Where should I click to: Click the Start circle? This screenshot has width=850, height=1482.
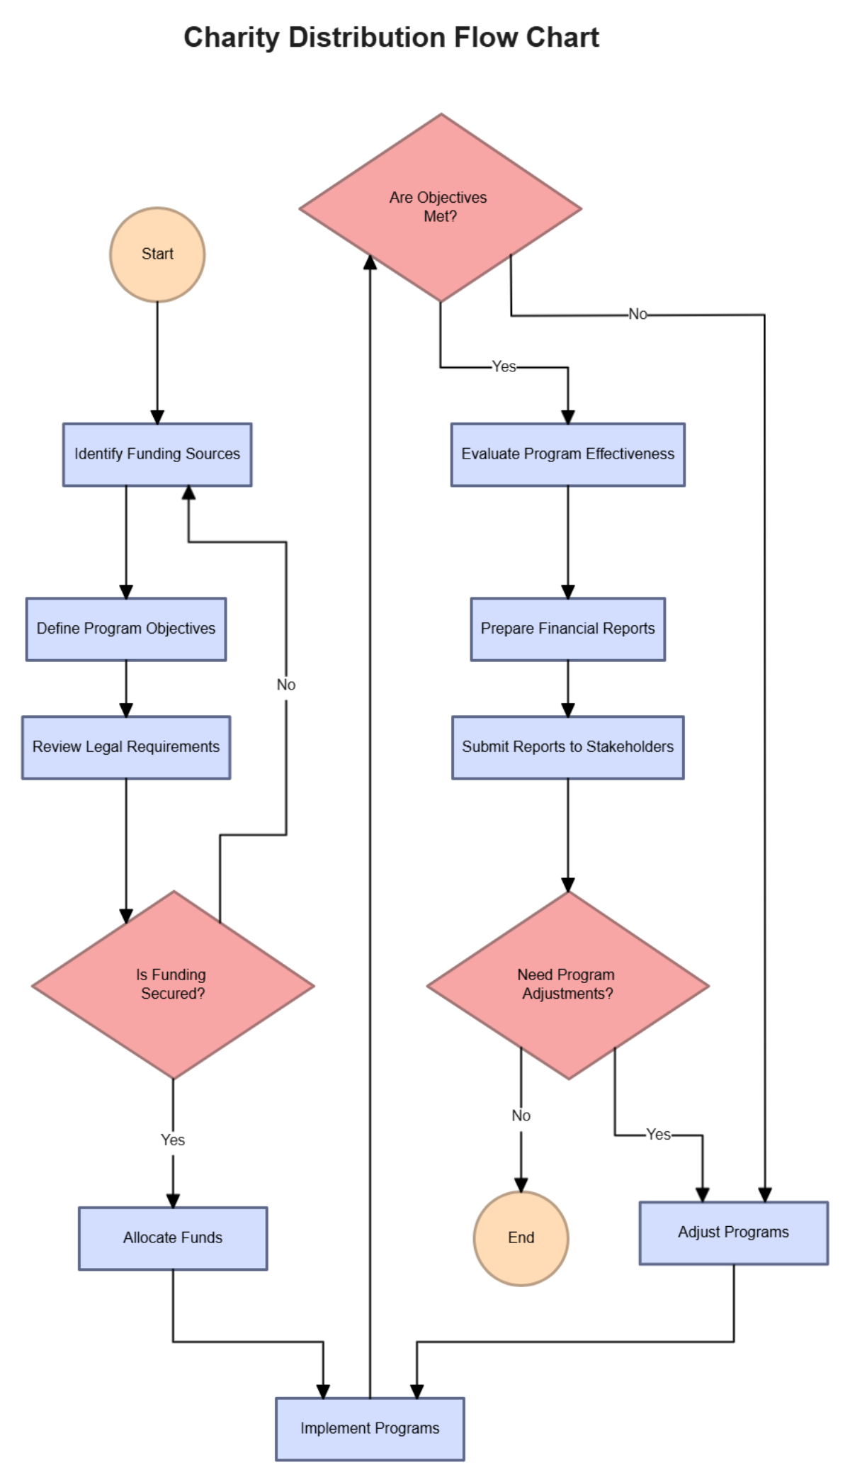(157, 254)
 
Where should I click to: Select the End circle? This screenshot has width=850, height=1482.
(521, 1238)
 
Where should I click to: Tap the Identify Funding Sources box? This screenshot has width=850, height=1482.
(157, 454)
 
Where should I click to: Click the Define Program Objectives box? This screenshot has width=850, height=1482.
(126, 629)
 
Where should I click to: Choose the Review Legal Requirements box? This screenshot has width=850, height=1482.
(126, 747)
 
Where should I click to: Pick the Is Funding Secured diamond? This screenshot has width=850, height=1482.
(173, 984)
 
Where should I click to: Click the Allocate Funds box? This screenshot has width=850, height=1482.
(173, 1238)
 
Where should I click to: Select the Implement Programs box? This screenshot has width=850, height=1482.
(370, 1428)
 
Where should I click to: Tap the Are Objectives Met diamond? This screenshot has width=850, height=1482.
(440, 207)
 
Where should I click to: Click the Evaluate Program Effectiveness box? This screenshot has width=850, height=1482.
(567, 454)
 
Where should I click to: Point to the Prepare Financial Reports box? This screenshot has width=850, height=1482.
(567, 629)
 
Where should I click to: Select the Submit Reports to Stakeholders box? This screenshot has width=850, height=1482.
(567, 747)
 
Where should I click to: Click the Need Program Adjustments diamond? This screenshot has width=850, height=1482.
(567, 984)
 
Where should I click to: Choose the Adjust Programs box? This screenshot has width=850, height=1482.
(733, 1233)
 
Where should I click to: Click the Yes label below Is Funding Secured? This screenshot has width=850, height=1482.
(173, 1140)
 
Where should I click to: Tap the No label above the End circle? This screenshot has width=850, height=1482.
(521, 1116)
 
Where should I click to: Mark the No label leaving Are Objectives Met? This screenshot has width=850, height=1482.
(637, 314)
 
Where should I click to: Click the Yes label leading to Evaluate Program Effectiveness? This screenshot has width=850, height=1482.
(504, 366)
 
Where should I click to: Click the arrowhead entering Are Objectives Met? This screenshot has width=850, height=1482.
(370, 262)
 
